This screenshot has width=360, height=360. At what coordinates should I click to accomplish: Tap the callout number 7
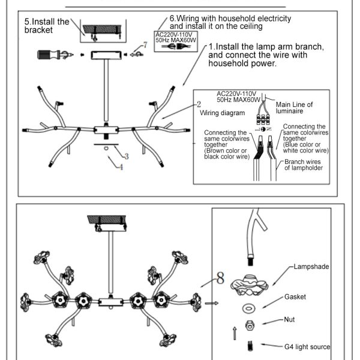click(x=145, y=45)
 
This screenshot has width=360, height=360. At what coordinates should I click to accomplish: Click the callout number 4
click(x=121, y=167)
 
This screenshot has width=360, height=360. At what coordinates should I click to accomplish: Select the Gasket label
click(x=295, y=297)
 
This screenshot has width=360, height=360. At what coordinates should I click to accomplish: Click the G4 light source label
click(x=307, y=346)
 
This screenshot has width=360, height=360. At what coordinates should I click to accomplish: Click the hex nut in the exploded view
click(x=248, y=326)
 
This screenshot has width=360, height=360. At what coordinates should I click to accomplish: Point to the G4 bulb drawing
click(x=248, y=347)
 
